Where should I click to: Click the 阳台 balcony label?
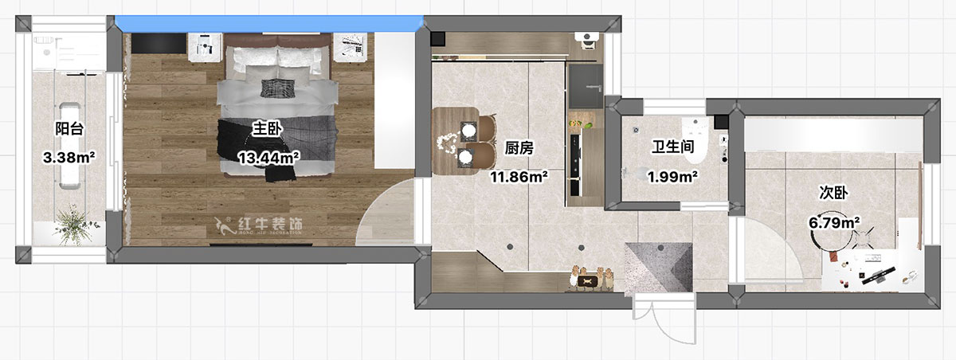click(x=69, y=128)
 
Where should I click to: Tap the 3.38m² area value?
click(x=69, y=158)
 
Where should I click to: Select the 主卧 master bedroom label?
click(x=267, y=128)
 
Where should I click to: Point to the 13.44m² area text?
click(x=268, y=158)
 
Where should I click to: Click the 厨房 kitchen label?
click(x=519, y=148)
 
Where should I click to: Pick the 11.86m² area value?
click(x=519, y=177)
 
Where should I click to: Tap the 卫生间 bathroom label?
click(x=673, y=147)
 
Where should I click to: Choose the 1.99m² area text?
click(x=673, y=176)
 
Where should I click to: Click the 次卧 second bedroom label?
click(x=833, y=193)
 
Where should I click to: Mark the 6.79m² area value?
click(x=834, y=222)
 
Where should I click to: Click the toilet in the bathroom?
click(x=695, y=140)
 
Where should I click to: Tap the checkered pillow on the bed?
click(x=277, y=88)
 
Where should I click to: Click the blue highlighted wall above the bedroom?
click(x=269, y=24)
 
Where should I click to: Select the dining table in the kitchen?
click(x=455, y=141)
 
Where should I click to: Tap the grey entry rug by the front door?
click(x=658, y=268)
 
